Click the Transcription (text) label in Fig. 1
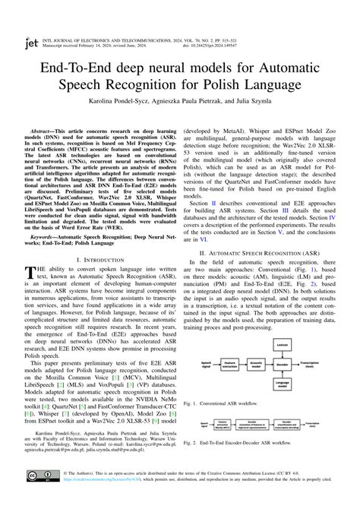tap(310, 364)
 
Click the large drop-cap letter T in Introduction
tap(32, 275)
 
